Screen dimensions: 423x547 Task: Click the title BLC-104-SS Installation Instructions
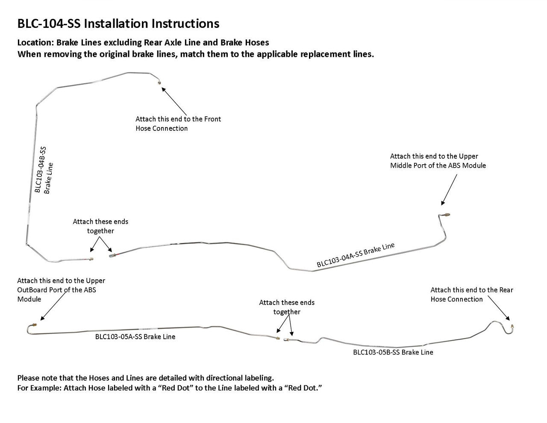(118, 24)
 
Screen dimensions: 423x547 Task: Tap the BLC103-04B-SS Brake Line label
(43, 170)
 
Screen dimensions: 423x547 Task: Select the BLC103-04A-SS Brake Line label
(356, 255)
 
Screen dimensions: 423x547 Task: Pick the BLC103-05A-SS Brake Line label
(135, 337)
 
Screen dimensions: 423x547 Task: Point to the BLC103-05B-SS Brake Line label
(393, 352)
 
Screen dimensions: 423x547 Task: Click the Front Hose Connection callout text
(178, 124)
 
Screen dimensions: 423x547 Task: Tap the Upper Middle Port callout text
(438, 161)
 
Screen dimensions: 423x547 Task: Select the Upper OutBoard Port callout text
(61, 290)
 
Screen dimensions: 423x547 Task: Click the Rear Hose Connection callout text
(472, 294)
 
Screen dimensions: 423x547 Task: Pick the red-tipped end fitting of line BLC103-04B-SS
(91, 259)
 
